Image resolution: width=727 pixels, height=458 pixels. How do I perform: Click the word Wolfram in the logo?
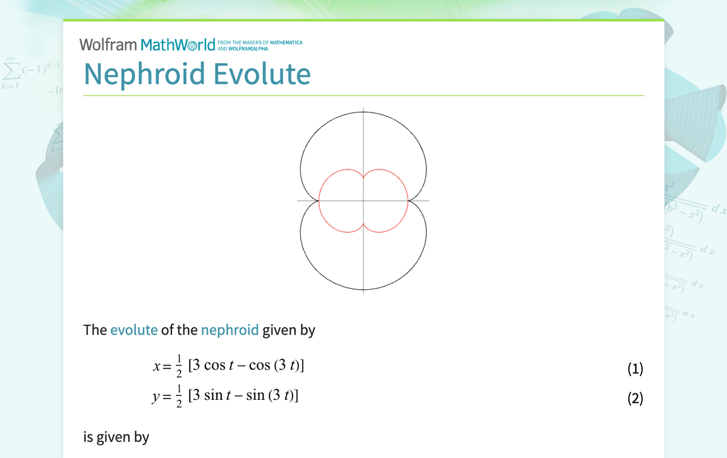pos(108,45)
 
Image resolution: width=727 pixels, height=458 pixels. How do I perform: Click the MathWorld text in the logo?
pos(178,45)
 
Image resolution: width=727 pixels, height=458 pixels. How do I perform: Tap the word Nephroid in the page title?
pos(145,73)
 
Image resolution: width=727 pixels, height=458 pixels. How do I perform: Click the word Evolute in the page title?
pos(262,73)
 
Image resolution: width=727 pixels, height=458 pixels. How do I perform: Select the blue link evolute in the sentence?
pos(134,330)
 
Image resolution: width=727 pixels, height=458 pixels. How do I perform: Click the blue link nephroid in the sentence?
pos(229,330)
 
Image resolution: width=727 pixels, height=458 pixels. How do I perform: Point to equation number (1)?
pos(635,369)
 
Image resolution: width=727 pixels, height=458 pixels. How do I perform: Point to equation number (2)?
pos(635,399)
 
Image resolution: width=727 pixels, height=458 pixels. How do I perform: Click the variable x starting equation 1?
pos(157,366)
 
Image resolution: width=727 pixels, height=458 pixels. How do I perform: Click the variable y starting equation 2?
pos(157,397)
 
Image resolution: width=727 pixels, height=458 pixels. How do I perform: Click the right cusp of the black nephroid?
pos(408,201)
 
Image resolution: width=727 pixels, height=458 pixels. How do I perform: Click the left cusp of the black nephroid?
pos(319,201)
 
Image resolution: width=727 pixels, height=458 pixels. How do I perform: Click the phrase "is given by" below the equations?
pos(116,436)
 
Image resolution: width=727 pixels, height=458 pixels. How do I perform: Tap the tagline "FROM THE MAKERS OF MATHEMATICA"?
pos(259,42)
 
